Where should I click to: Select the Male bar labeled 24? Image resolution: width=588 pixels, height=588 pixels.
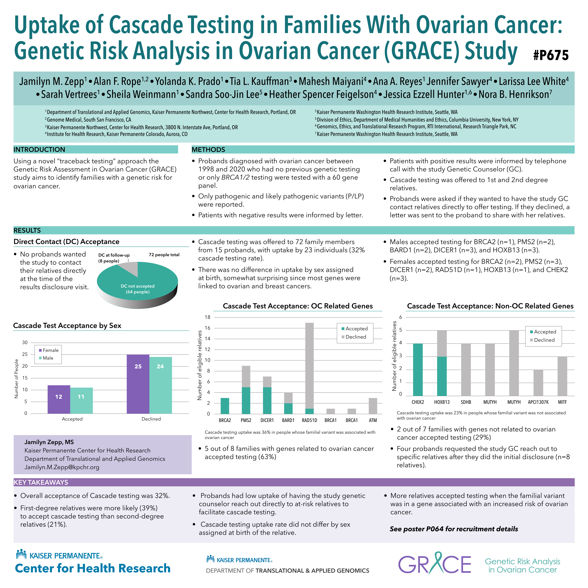click(160, 385)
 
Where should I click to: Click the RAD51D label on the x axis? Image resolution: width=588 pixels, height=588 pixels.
click(309, 420)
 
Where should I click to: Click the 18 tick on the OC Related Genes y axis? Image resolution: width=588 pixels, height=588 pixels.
click(207, 317)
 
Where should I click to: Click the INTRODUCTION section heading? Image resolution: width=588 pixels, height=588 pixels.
click(39, 149)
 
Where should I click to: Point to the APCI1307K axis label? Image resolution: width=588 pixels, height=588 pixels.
click(538, 402)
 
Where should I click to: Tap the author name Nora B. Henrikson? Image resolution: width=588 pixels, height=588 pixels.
click(515, 94)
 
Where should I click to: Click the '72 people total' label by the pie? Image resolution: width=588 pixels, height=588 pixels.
click(164, 255)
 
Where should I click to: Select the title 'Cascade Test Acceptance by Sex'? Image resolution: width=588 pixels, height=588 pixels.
click(67, 326)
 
